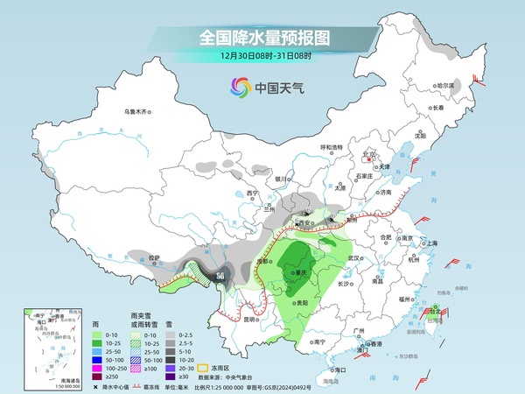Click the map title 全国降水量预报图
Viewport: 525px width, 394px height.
263,38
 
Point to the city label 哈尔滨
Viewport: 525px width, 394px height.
447,86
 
